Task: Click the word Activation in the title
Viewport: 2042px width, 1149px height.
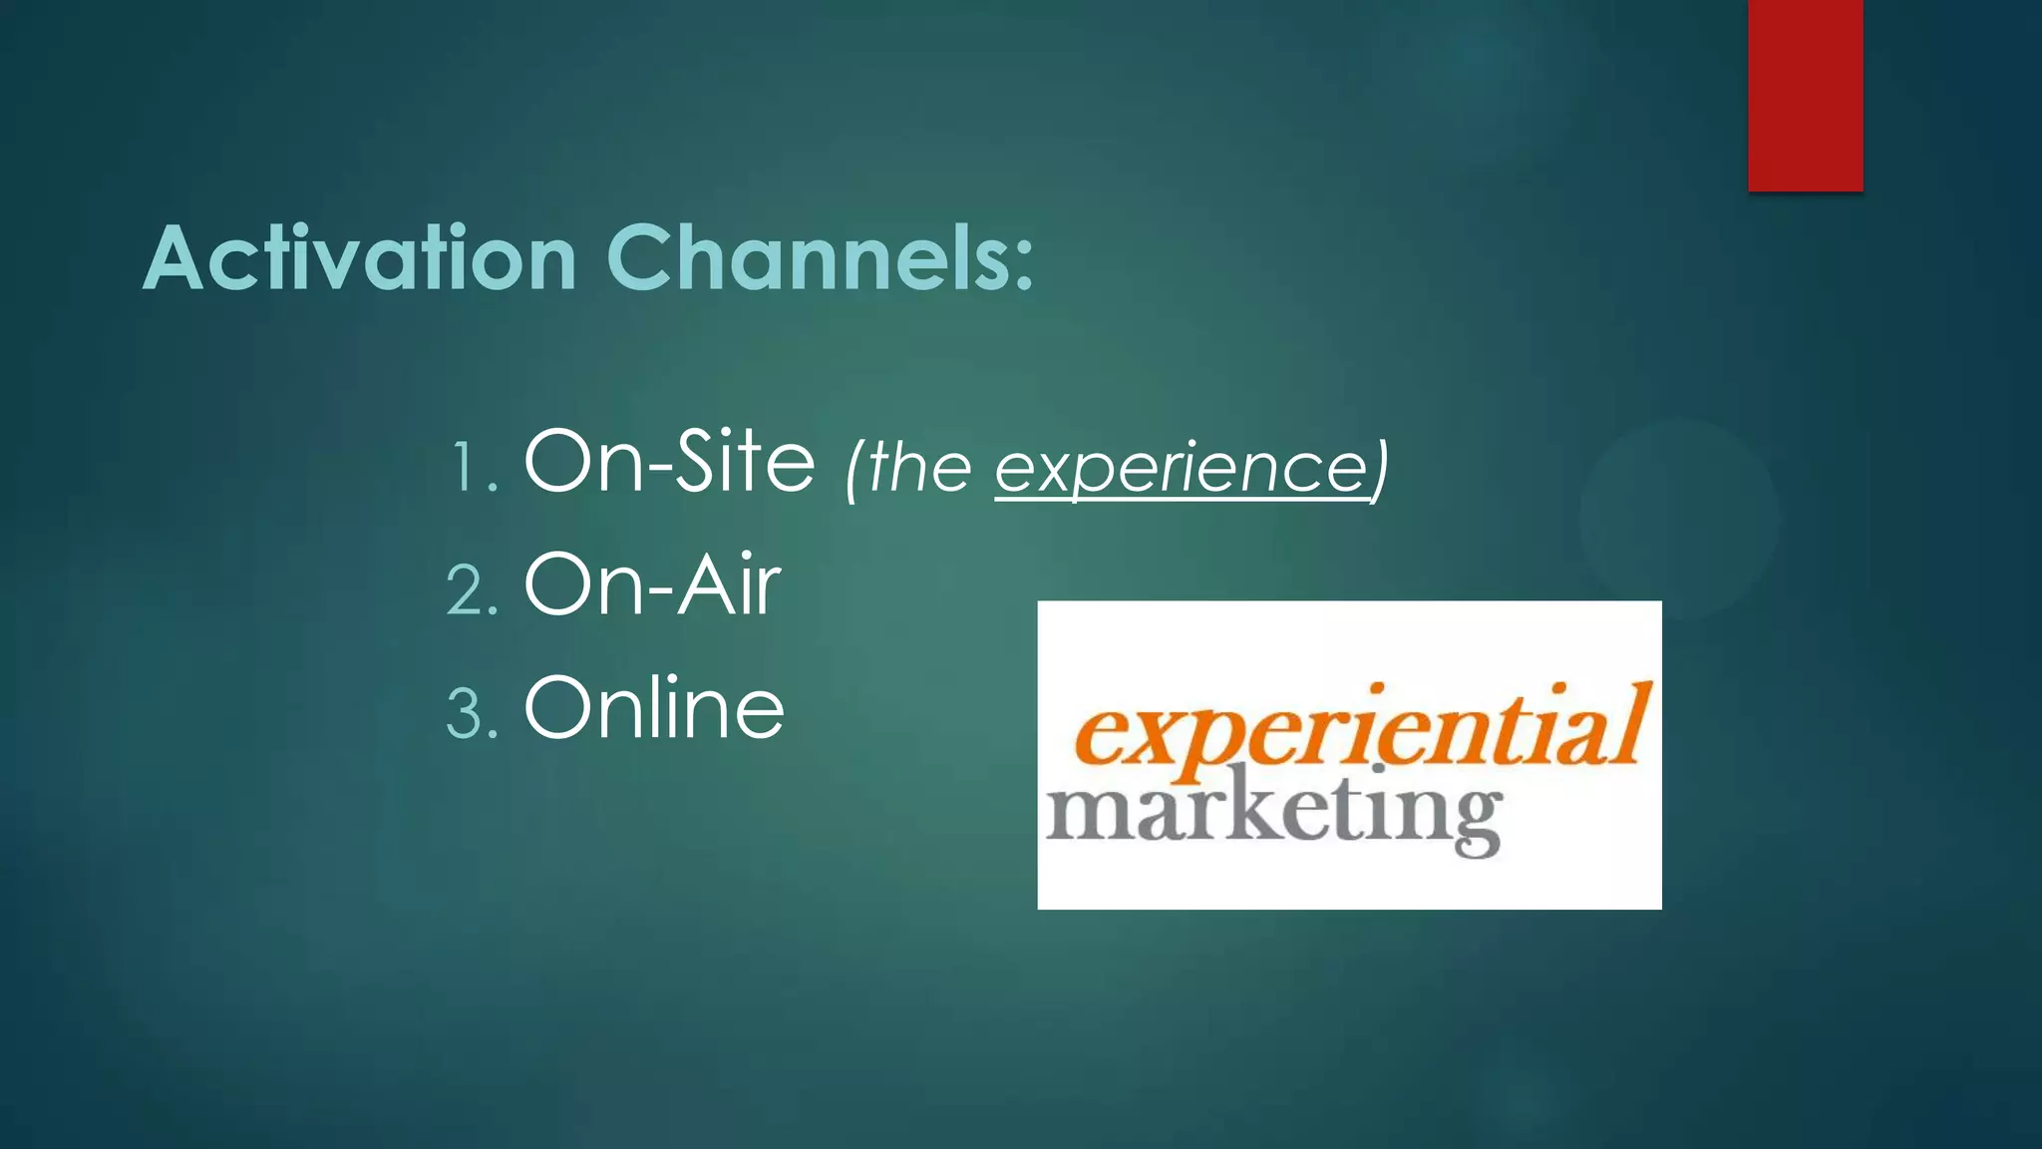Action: [360, 258]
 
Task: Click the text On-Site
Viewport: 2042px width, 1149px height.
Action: [669, 461]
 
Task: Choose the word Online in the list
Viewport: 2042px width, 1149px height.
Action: [654, 707]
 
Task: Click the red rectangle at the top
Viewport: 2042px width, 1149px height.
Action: [1805, 95]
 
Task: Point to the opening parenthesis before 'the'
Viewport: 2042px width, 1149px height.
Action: [853, 469]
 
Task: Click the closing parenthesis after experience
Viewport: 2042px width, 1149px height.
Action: [1379, 469]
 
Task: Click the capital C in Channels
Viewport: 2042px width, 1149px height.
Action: [638, 258]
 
